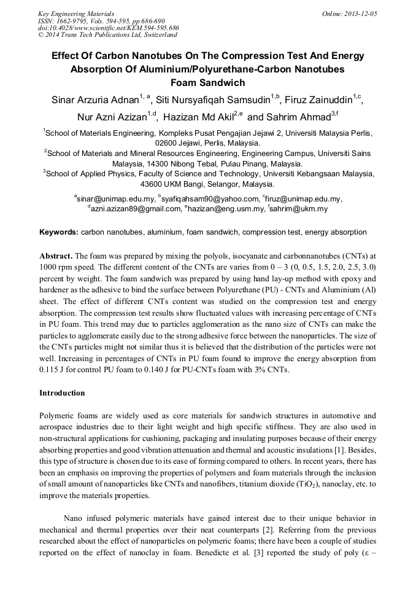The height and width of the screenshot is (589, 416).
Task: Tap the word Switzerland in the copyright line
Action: [156, 35]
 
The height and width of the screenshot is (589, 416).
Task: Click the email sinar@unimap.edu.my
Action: [116, 198]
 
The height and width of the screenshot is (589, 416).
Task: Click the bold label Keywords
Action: [58, 232]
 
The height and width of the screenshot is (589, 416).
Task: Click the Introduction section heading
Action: [62, 392]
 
